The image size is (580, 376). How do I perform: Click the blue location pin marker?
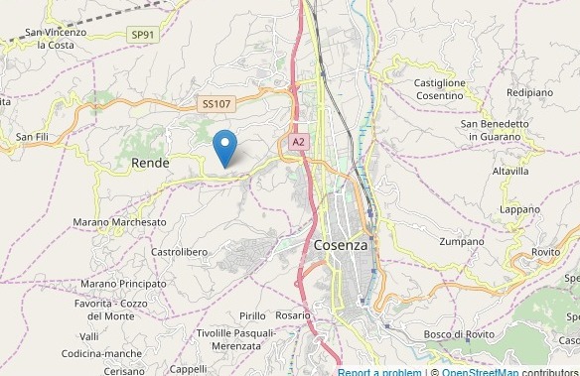coord(225,149)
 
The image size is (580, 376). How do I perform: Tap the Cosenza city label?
coord(340,245)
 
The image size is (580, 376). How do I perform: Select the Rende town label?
coord(150,162)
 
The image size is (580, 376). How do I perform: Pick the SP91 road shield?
coord(143,35)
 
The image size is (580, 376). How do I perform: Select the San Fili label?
coord(33,136)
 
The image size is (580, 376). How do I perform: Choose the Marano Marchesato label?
coord(120,222)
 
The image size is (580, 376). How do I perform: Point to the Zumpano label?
coord(462,241)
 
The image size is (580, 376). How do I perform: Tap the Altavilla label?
coord(510,171)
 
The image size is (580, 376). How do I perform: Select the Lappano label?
coord(520,209)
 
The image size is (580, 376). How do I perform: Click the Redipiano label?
coord(529,92)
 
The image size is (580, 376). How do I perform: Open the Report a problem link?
coord(379,372)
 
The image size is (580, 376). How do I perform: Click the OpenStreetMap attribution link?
coord(481,372)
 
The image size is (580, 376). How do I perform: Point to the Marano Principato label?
coord(124,284)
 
